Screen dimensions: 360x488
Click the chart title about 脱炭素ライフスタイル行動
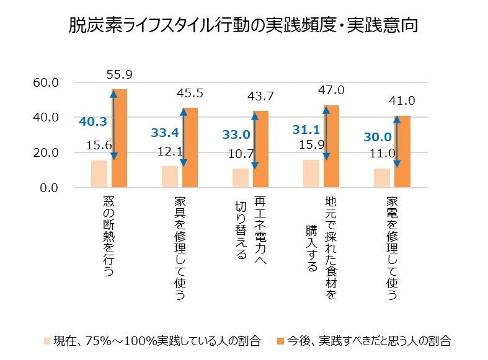[244, 27]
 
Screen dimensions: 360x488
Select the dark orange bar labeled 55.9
[118, 138]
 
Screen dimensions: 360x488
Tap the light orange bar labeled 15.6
[99, 173]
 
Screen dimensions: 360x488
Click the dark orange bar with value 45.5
[189, 147]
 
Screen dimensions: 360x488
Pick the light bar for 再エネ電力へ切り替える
[240, 177]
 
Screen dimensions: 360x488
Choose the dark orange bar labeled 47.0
[331, 146]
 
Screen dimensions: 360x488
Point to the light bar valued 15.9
[311, 173]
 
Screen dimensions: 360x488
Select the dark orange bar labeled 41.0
[402, 151]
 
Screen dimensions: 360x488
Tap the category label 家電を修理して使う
[391, 248]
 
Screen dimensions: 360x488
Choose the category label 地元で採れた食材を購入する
[321, 248]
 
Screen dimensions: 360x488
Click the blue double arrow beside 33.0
[255, 141]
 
